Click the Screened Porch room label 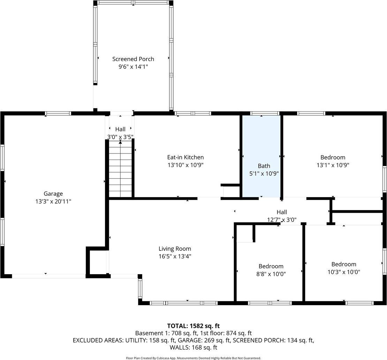coord(133,59)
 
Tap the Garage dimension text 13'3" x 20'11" coord(53,201)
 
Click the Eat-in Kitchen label coord(185,157)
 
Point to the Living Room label coord(175,249)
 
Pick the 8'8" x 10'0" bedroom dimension coord(271,274)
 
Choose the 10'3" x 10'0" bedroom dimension coord(344,272)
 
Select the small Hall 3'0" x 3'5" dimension coord(120,137)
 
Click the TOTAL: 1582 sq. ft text coord(193,326)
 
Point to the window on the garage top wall coord(58,113)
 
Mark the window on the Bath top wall coord(265,113)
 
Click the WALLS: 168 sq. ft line coord(193,347)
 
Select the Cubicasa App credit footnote coord(193,358)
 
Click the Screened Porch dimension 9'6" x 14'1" coord(133,67)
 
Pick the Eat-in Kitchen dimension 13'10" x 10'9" coord(185,165)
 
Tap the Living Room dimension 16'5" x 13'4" coord(175,256)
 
